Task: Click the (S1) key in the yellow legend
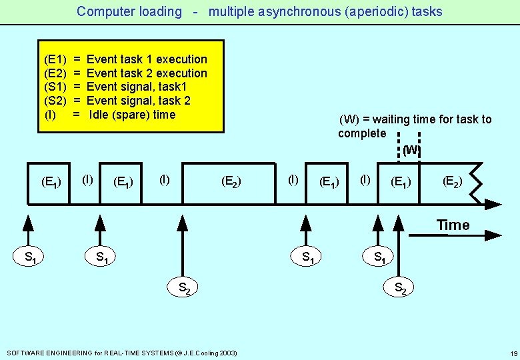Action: [54, 87]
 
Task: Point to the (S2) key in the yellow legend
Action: [54, 101]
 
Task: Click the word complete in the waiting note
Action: [362, 133]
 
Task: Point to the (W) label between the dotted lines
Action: [411, 150]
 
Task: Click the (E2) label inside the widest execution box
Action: [231, 181]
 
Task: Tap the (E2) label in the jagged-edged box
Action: [452, 181]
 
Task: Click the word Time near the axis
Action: [453, 225]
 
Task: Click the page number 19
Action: [513, 353]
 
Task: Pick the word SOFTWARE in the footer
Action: [25, 353]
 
